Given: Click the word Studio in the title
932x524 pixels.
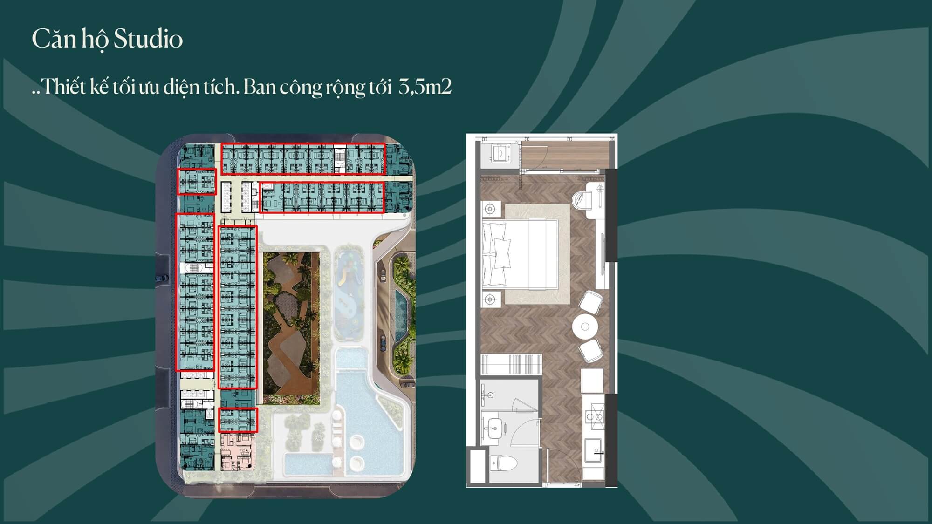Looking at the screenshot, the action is [148, 39].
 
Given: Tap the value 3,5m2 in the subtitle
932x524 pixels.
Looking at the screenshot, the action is [425, 87].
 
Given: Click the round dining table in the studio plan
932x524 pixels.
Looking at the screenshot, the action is [585, 326].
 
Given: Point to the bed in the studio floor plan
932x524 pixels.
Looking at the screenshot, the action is [520, 253].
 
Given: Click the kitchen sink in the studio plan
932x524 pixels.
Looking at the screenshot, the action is [594, 450].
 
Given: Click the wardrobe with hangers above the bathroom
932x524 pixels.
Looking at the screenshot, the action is [512, 364].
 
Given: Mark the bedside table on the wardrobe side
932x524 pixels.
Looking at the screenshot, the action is [490, 299].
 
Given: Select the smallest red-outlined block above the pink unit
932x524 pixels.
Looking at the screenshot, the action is [238, 420].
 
